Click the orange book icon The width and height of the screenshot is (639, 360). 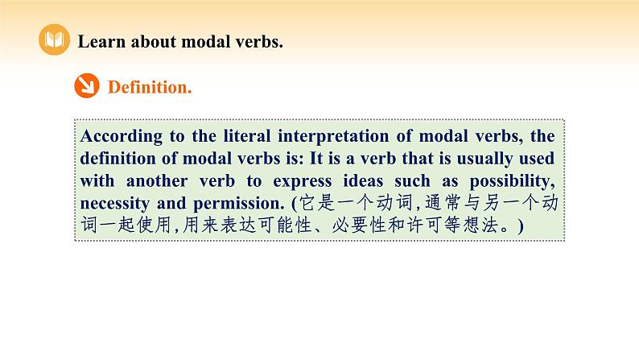tap(55, 41)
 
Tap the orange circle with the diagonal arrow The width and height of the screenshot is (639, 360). tap(86, 86)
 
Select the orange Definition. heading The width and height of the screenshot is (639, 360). tap(150, 87)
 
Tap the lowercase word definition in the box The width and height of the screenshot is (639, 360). tap(122, 158)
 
